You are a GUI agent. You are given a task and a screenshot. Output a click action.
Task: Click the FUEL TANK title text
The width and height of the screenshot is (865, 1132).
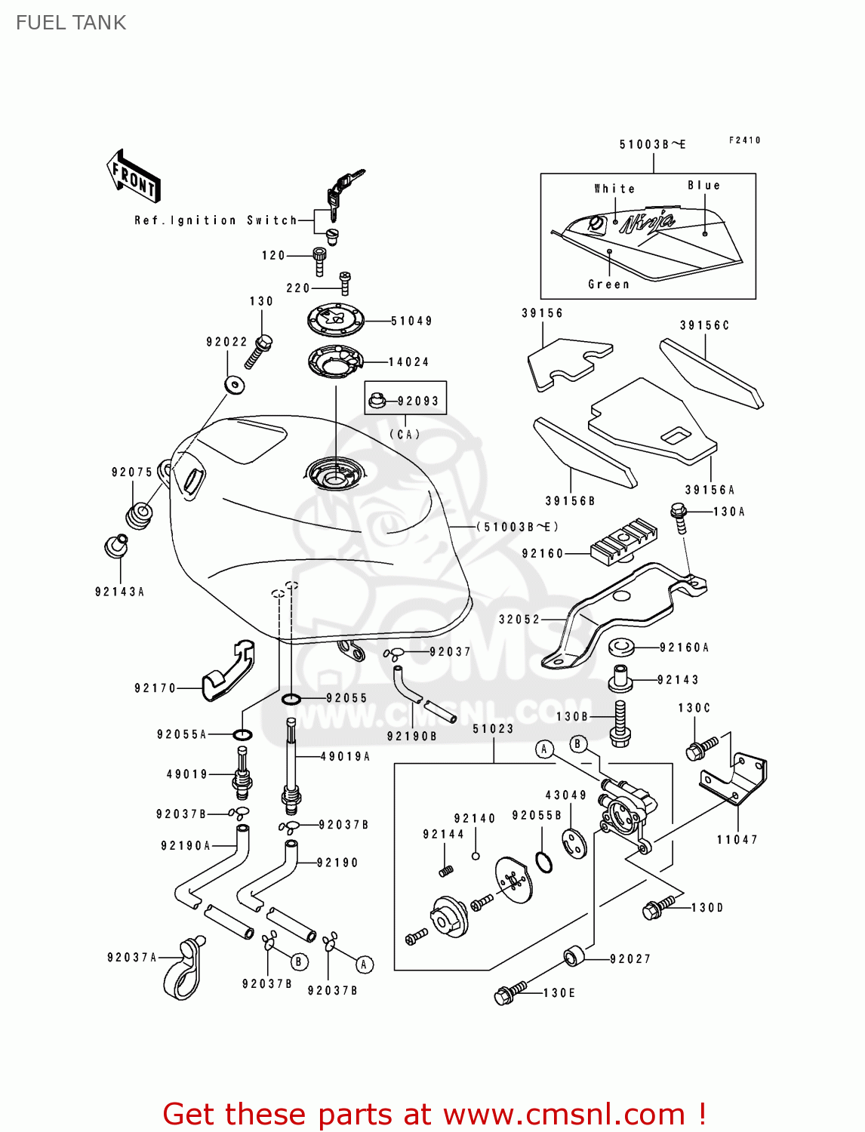[71, 23]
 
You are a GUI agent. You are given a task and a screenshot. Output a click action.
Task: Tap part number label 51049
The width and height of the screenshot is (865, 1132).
[411, 321]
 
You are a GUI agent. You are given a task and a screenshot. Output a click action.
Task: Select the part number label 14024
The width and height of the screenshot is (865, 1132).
[408, 362]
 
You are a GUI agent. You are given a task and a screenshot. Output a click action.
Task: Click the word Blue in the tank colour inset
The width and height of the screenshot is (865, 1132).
[703, 186]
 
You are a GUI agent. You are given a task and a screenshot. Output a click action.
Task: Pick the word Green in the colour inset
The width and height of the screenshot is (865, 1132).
[608, 285]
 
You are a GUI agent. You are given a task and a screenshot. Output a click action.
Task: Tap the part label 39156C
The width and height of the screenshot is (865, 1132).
[704, 325]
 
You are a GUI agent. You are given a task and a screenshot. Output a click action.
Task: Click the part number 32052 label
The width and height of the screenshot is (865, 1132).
[519, 620]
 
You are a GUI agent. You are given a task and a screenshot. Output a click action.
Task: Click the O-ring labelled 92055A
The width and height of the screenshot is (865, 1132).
[242, 734]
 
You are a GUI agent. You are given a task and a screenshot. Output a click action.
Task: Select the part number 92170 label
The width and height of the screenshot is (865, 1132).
[155, 688]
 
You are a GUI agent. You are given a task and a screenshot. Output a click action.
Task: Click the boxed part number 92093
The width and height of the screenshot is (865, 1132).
[418, 401]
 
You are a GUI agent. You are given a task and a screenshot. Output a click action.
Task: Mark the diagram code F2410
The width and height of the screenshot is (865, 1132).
[744, 140]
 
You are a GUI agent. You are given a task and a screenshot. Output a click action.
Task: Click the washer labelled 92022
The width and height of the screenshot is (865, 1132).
[235, 385]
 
